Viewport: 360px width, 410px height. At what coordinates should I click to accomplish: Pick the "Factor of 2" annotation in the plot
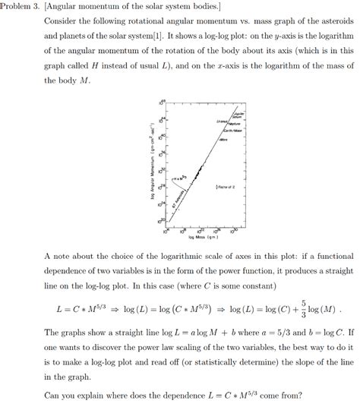226,185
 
